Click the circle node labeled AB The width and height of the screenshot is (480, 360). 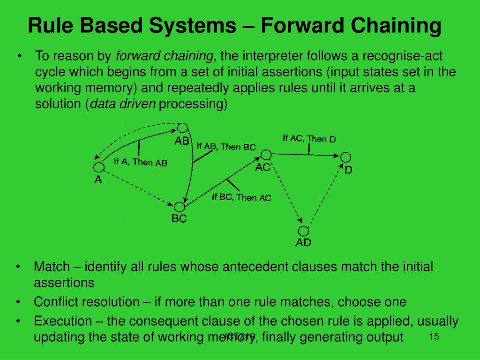tap(182, 128)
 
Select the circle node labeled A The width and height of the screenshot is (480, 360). tap(98, 167)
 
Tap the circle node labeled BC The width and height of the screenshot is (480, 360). tap(179, 207)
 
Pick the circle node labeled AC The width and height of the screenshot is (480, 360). tap(266, 155)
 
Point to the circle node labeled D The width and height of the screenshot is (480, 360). tap(345, 157)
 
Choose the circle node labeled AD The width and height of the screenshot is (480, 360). tap(304, 231)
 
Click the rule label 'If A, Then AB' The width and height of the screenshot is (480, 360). tap(141, 162)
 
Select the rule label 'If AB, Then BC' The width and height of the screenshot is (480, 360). tap(226, 146)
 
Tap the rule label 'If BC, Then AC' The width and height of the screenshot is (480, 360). tap(241, 197)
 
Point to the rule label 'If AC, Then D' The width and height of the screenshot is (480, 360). tap(309, 138)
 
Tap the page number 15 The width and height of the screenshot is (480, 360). tap(434, 337)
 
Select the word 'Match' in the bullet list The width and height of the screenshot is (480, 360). tap(52, 267)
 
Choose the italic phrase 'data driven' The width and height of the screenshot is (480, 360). tap(123, 104)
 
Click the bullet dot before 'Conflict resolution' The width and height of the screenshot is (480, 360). tap(18, 302)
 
